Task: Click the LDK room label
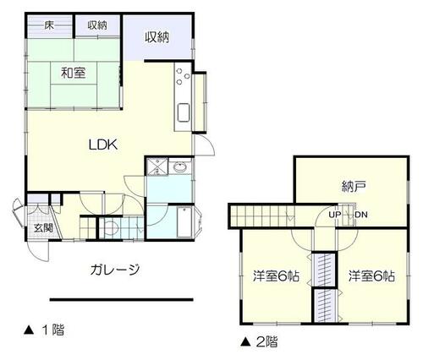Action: coord(103,145)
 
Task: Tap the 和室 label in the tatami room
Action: coord(74,73)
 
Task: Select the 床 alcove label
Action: coord(49,25)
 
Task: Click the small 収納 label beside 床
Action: coord(97,25)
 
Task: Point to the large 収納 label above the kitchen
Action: coord(157,37)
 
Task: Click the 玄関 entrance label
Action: coord(44,227)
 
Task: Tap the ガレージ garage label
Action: coord(115,270)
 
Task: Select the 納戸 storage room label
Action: coord(354,187)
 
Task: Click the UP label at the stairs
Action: coord(335,215)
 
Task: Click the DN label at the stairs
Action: coord(361,215)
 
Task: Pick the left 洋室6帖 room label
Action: coord(276,275)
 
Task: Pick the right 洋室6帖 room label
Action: coord(371,275)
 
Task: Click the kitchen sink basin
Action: coord(184,112)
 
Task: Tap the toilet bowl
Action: coord(110,227)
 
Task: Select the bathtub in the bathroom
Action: coord(184,222)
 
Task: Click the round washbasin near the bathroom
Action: coord(179,167)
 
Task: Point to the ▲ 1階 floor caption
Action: coord(44,330)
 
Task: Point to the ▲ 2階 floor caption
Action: coord(259,342)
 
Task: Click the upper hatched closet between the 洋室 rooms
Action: coord(325,270)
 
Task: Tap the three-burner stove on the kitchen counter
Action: coord(183,75)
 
